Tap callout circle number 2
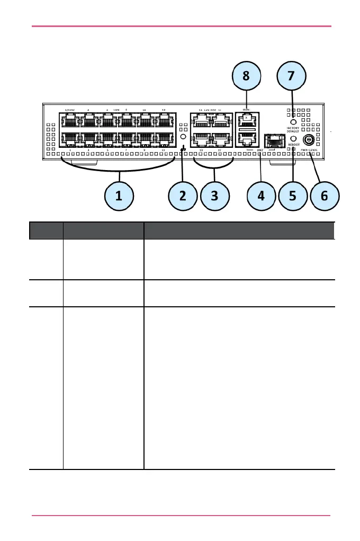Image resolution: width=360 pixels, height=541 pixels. tap(183, 196)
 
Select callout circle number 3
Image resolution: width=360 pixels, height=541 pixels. tap(214, 196)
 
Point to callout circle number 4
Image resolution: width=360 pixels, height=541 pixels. tap(261, 196)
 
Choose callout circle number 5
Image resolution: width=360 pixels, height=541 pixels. tap(293, 196)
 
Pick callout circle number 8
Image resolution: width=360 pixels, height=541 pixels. tap(246, 75)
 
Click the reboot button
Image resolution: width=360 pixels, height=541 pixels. tap(293, 138)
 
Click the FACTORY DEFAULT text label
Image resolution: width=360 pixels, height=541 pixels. tap(293, 129)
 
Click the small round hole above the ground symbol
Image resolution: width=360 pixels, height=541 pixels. tap(183, 136)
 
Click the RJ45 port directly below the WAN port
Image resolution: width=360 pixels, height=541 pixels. tap(246, 139)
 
